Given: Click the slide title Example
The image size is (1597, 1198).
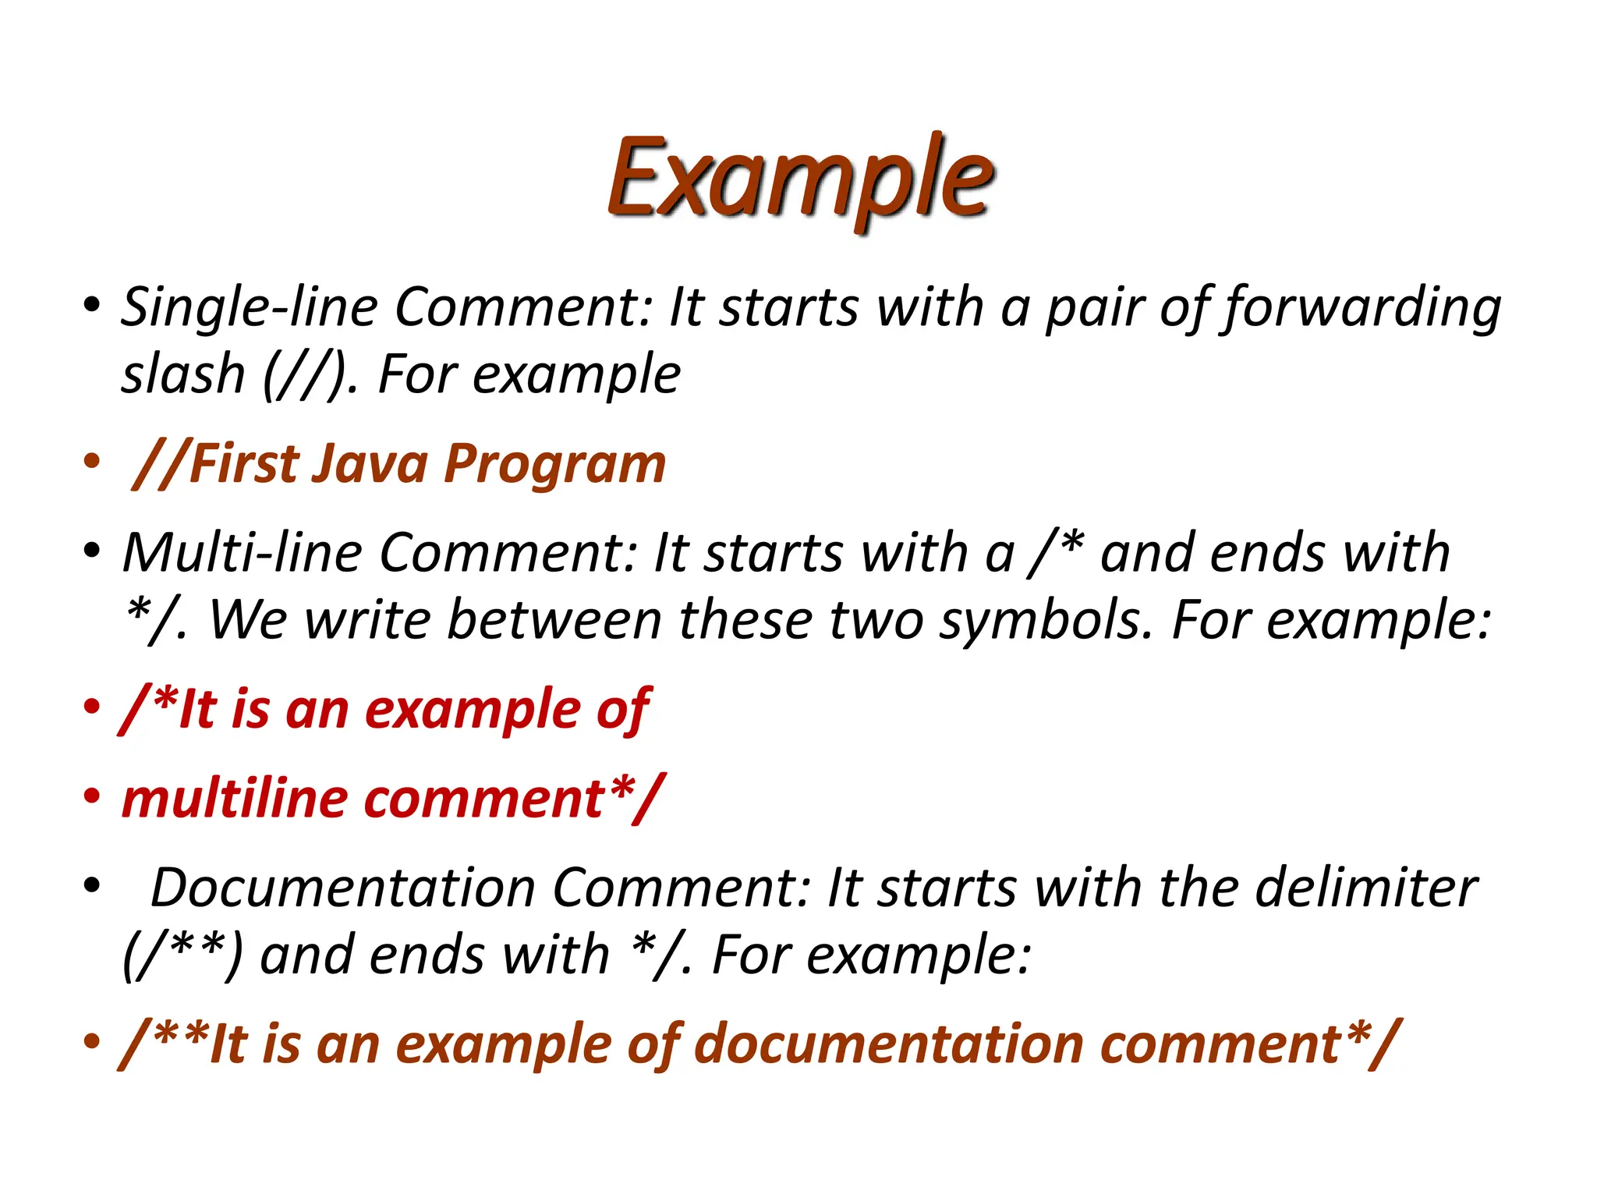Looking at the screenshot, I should coord(800,178).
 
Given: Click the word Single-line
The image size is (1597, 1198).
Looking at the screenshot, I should coord(250,307).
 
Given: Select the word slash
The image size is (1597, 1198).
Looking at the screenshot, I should coord(183,374).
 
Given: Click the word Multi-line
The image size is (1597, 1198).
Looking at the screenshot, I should coord(242,552).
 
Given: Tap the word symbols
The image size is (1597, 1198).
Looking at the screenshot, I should coord(1045,621).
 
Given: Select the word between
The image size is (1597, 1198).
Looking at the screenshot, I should coord(554,619).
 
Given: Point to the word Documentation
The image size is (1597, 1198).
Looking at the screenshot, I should coord(342,888).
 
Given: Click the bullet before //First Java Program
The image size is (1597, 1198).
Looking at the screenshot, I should coord(92,461).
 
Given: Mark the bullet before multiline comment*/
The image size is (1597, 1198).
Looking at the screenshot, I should coord(92,796).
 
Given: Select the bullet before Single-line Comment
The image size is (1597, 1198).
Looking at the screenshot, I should coord(92,303).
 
